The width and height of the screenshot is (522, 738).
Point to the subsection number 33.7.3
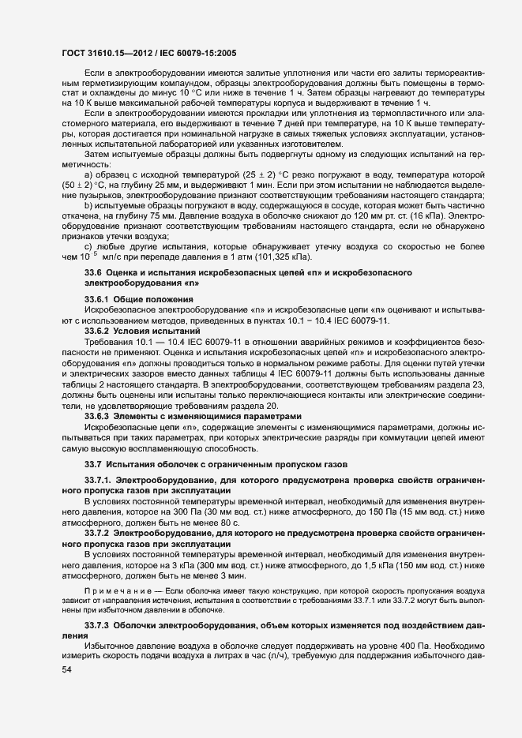coord(97,625)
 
